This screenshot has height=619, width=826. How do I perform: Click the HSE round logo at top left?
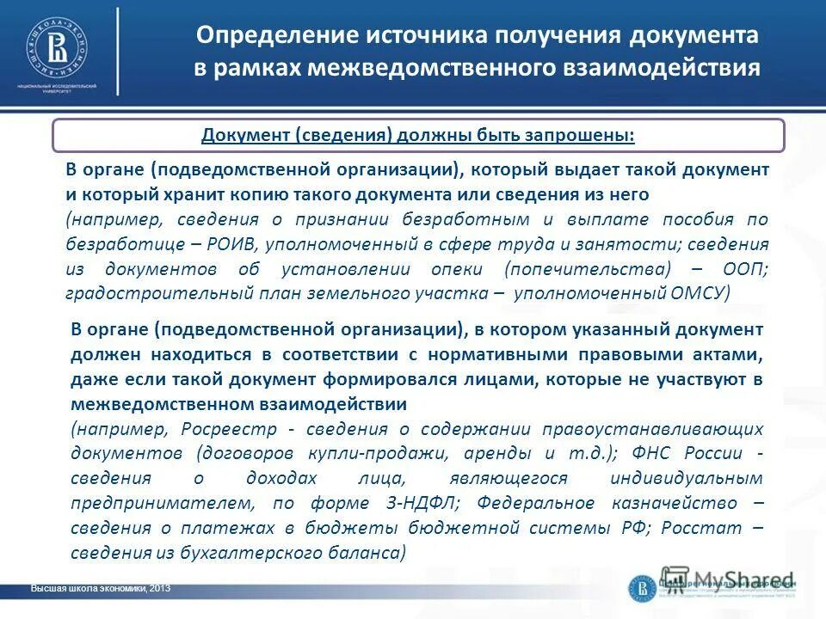point(57,44)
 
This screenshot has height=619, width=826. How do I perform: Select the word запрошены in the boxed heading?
point(590,135)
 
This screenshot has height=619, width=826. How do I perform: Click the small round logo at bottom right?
point(643,587)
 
